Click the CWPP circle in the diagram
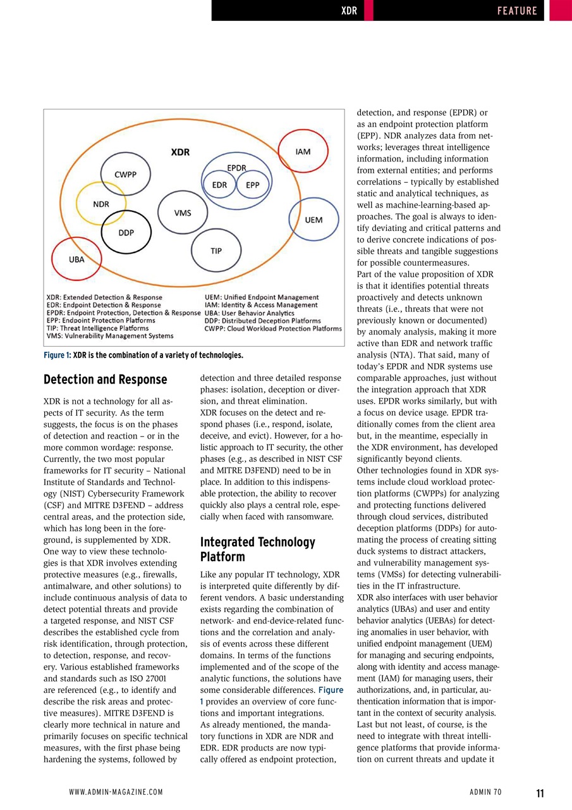tap(125, 173)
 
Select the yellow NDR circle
tap(100, 204)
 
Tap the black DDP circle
tap(126, 232)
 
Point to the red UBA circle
tap(76, 258)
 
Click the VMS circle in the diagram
tap(183, 213)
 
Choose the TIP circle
tap(216, 251)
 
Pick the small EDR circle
tap(219, 185)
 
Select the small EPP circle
tap(252, 185)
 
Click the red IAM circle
tap(303, 153)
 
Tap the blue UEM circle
tap(313, 220)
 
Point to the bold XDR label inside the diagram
tap(180, 152)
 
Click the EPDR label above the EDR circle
tap(236, 167)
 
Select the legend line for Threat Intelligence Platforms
tap(97, 328)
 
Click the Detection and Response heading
tap(105, 380)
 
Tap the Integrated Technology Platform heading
tap(257, 549)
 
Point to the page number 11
tap(540, 793)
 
